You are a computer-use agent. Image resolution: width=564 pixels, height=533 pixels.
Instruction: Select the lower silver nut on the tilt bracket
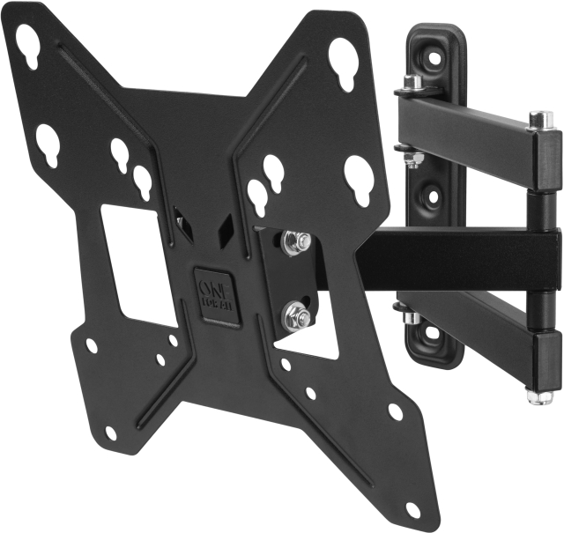point(295,314)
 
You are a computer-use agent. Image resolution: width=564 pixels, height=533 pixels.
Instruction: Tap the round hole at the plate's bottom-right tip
point(412,509)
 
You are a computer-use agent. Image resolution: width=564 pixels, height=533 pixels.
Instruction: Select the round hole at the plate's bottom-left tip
point(110,433)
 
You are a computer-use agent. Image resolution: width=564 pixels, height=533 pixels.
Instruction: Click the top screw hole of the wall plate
point(434,57)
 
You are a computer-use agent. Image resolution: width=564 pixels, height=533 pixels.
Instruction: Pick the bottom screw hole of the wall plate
point(434,332)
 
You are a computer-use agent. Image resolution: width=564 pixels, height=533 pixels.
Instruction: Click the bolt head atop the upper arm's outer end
point(539,119)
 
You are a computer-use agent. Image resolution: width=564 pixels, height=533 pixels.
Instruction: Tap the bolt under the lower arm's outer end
point(539,394)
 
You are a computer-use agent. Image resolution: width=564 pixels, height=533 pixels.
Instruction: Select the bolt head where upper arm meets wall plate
point(412,83)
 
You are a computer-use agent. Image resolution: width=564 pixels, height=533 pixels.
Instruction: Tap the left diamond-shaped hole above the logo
point(182,224)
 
